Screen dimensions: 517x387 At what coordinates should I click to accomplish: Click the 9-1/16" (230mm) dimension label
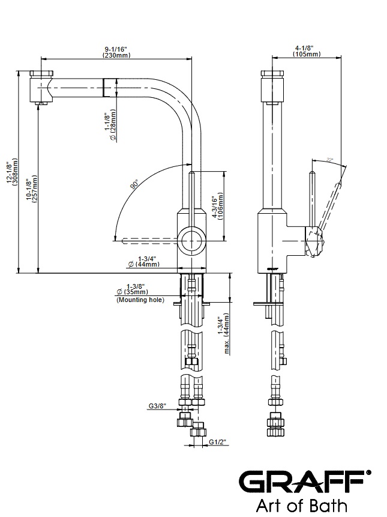click(x=116, y=52)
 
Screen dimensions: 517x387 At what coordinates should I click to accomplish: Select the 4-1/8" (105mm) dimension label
click(x=306, y=52)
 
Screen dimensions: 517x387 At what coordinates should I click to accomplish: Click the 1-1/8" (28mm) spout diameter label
click(x=110, y=122)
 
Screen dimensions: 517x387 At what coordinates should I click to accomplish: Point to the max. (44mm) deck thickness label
click(x=224, y=333)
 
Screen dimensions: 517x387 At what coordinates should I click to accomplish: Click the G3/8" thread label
click(x=157, y=407)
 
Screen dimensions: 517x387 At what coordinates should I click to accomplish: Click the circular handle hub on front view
click(x=193, y=240)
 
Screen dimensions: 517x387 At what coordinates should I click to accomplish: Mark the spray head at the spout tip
click(x=42, y=87)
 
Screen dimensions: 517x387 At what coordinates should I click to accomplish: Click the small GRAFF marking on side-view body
click(x=272, y=265)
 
